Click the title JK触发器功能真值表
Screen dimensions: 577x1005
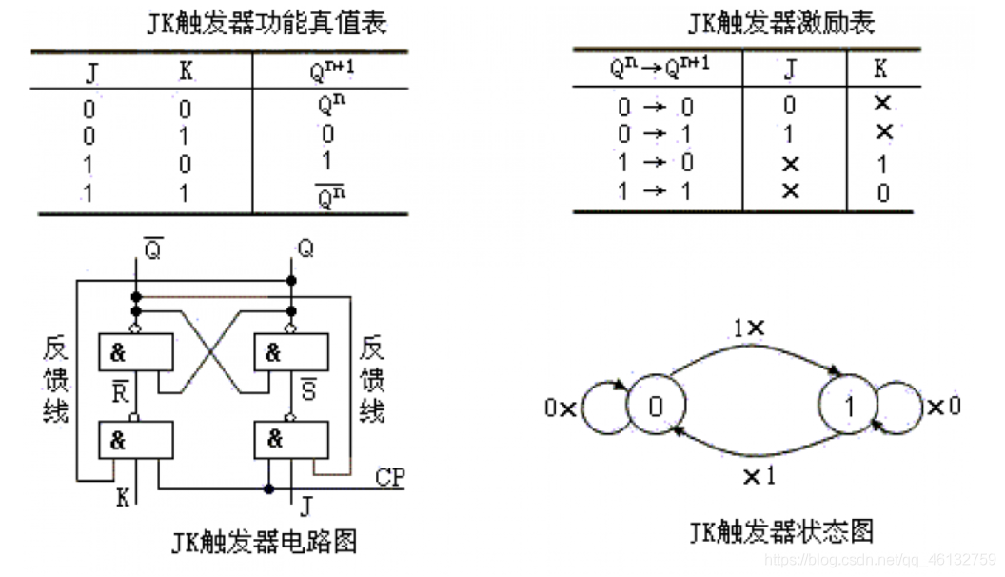point(267,24)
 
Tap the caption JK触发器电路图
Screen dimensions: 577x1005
point(265,543)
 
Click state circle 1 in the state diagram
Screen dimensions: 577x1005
point(850,407)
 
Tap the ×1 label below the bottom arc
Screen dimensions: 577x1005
point(759,474)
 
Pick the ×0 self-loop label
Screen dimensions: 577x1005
point(944,407)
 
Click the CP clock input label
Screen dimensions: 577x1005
point(390,477)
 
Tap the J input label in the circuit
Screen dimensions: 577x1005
point(305,504)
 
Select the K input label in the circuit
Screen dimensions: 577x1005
point(123,496)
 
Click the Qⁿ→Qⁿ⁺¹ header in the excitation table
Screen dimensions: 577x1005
point(659,68)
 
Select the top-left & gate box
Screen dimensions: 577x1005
point(137,352)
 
